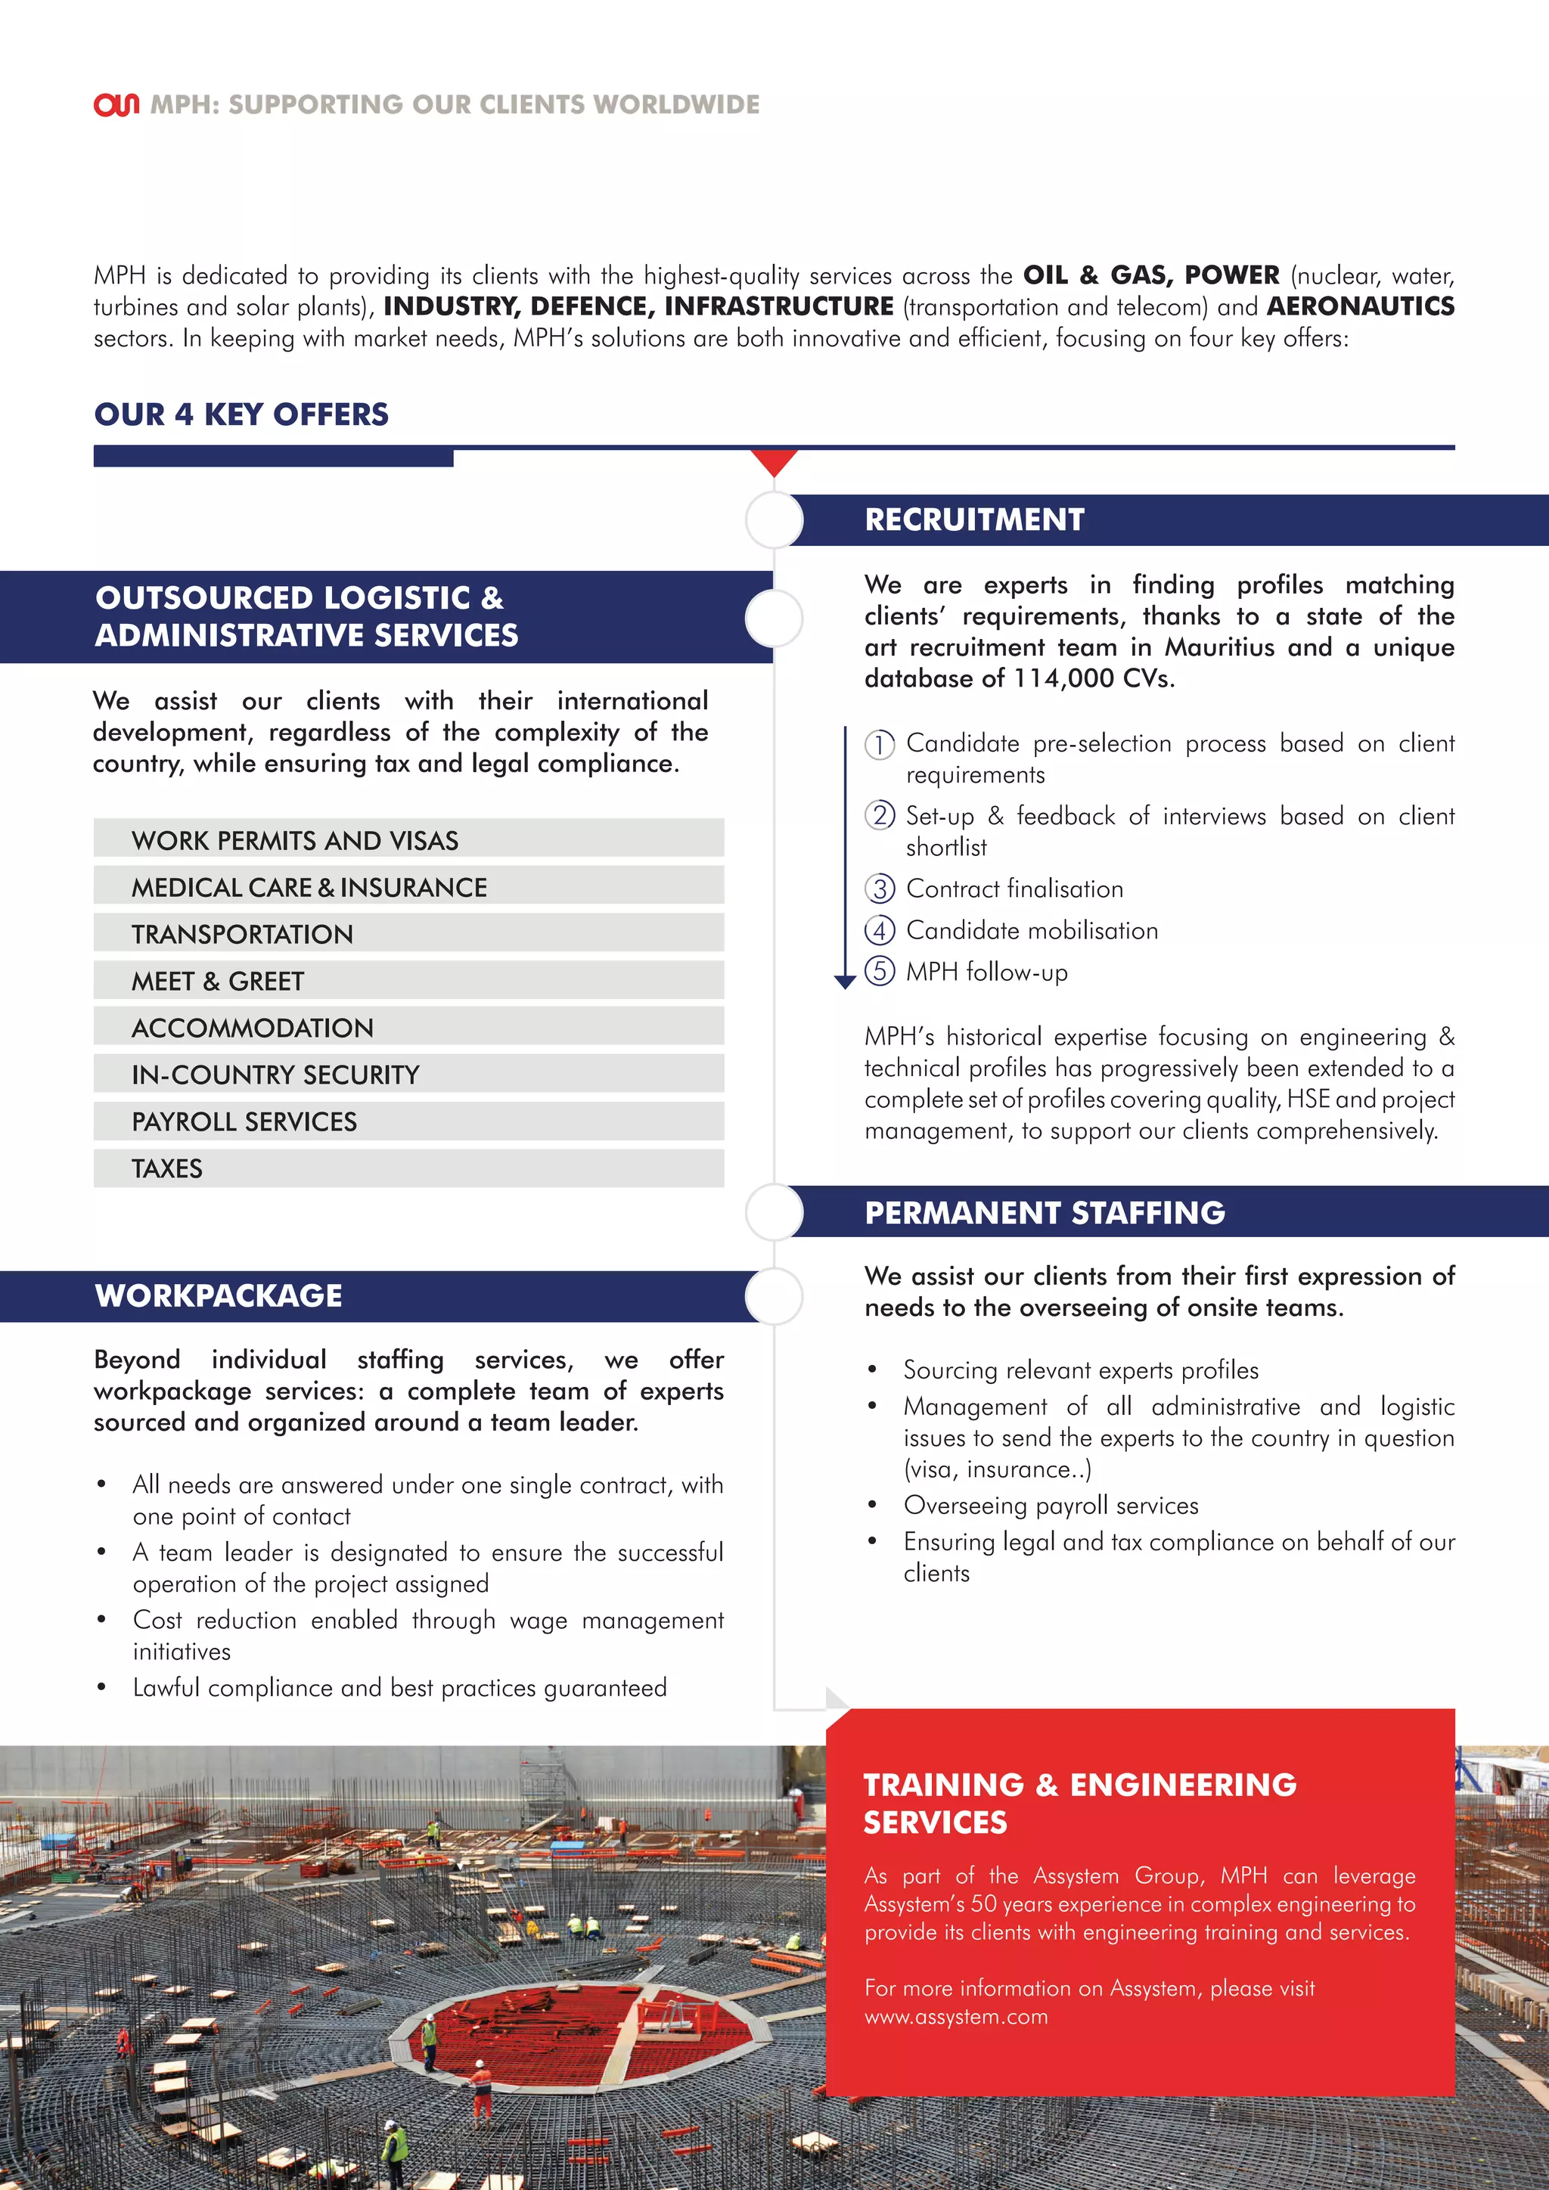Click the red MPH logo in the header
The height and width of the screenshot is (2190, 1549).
point(116,104)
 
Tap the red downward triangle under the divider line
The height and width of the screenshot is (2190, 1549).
point(774,461)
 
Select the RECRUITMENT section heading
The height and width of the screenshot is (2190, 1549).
point(974,520)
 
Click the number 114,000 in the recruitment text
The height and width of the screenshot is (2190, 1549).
point(1063,678)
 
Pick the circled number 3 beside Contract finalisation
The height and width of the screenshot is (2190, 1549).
point(880,889)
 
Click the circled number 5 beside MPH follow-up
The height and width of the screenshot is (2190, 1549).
point(880,971)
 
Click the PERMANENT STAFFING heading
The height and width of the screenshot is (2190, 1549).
point(1045,1212)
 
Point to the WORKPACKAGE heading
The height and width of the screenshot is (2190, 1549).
point(219,1295)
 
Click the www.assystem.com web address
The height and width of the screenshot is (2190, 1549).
point(956,2016)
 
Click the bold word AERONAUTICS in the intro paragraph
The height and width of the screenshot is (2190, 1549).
point(1360,306)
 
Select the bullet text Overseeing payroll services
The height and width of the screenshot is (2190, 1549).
point(1050,1505)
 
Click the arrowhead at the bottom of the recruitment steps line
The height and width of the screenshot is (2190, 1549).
point(844,982)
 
